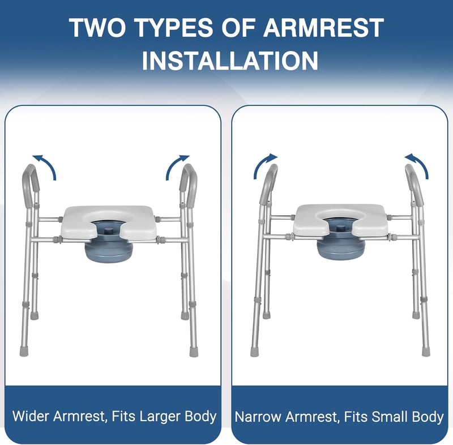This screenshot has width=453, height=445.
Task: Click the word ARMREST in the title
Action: pos(323,28)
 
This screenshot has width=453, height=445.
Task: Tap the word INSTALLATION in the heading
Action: pos(230,61)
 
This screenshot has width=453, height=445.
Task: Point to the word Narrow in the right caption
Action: pos(258,417)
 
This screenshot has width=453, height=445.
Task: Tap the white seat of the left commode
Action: pos(109,222)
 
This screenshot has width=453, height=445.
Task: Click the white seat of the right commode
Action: pos(341,221)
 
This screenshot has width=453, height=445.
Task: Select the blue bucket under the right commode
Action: pos(341,249)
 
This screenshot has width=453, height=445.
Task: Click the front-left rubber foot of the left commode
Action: pos(24,352)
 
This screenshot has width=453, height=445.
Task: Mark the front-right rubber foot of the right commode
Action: pos(426,352)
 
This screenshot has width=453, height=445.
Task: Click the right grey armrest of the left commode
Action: pos(189,185)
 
